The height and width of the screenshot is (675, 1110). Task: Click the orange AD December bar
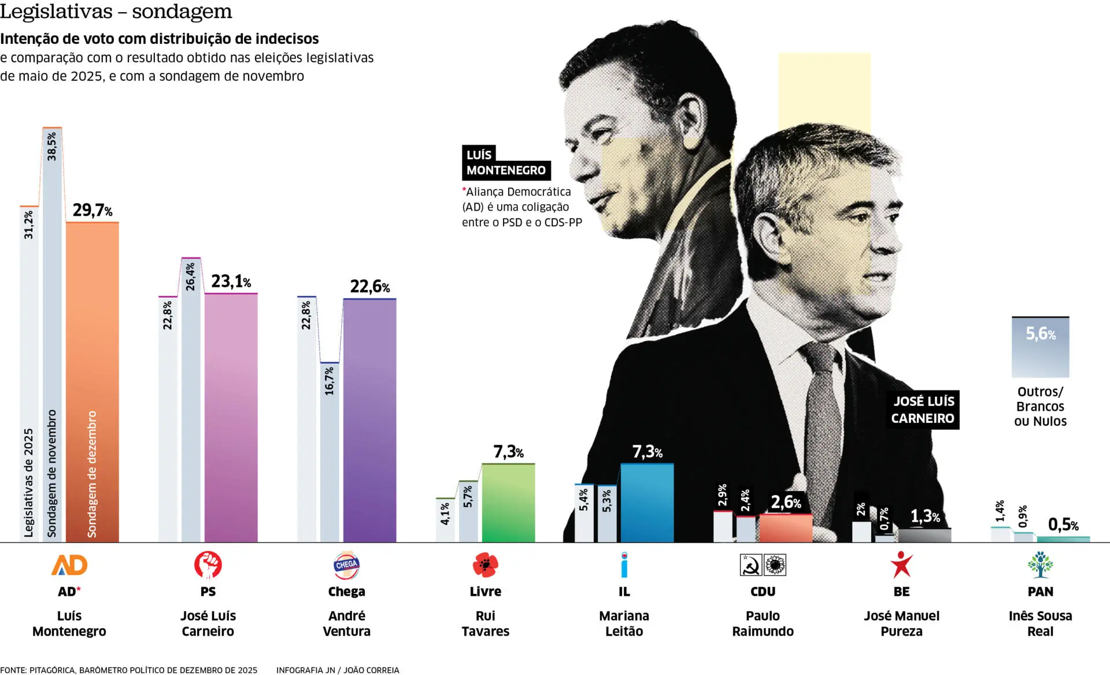tap(92, 382)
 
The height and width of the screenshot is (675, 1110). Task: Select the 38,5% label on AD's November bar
tap(52, 146)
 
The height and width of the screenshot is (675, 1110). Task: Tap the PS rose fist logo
tap(208, 565)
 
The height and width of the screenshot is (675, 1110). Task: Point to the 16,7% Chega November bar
tap(330, 451)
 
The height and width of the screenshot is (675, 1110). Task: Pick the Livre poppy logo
tap(485, 565)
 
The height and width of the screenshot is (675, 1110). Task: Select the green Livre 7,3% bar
tap(508, 503)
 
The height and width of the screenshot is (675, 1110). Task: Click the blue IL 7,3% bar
tap(647, 503)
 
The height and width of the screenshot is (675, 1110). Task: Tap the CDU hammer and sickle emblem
tap(751, 565)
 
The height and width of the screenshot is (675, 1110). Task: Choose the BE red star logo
tap(901, 565)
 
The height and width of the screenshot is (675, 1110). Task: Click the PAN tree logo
tap(1040, 565)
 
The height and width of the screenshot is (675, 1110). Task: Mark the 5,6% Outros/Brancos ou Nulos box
tap(1040, 346)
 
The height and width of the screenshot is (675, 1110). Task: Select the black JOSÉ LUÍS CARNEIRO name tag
tap(923, 410)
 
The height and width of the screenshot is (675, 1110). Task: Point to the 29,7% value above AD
tap(92, 210)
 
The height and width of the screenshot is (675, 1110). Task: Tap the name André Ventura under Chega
tap(346, 623)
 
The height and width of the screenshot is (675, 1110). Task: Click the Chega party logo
tap(346, 565)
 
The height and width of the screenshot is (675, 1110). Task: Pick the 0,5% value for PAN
tap(1063, 525)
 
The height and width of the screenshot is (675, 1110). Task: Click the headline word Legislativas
tap(56, 12)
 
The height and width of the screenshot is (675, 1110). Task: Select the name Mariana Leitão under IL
tap(624, 623)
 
